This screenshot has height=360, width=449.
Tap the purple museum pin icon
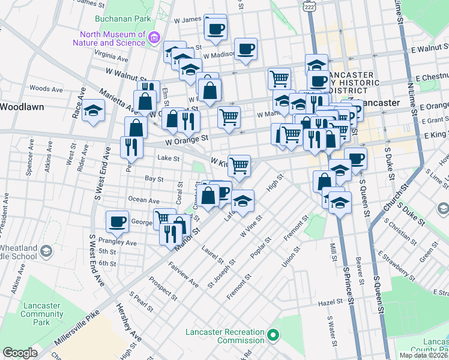click(x=154, y=38)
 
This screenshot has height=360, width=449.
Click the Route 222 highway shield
click(x=309, y=5)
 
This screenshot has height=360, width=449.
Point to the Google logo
click(x=20, y=353)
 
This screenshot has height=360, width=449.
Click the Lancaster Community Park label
click(x=41, y=314)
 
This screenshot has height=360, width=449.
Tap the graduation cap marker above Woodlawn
click(x=94, y=110)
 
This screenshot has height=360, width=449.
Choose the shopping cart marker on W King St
click(x=239, y=165)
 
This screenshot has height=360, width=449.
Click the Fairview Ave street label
click(x=184, y=274)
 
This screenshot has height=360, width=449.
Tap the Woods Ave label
click(x=46, y=89)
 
